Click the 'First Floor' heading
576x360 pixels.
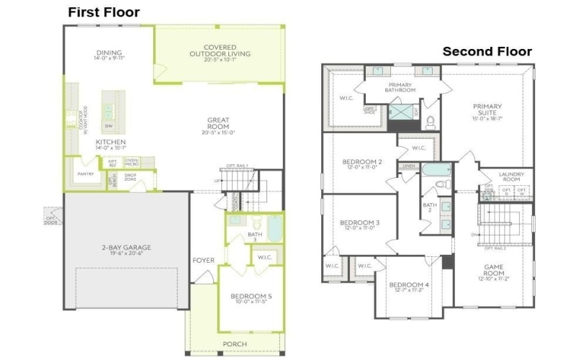(x=104, y=12)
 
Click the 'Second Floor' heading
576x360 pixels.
(x=487, y=51)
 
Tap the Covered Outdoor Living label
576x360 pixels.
(x=220, y=51)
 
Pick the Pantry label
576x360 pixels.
(x=85, y=174)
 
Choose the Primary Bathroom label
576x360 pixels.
(x=399, y=88)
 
